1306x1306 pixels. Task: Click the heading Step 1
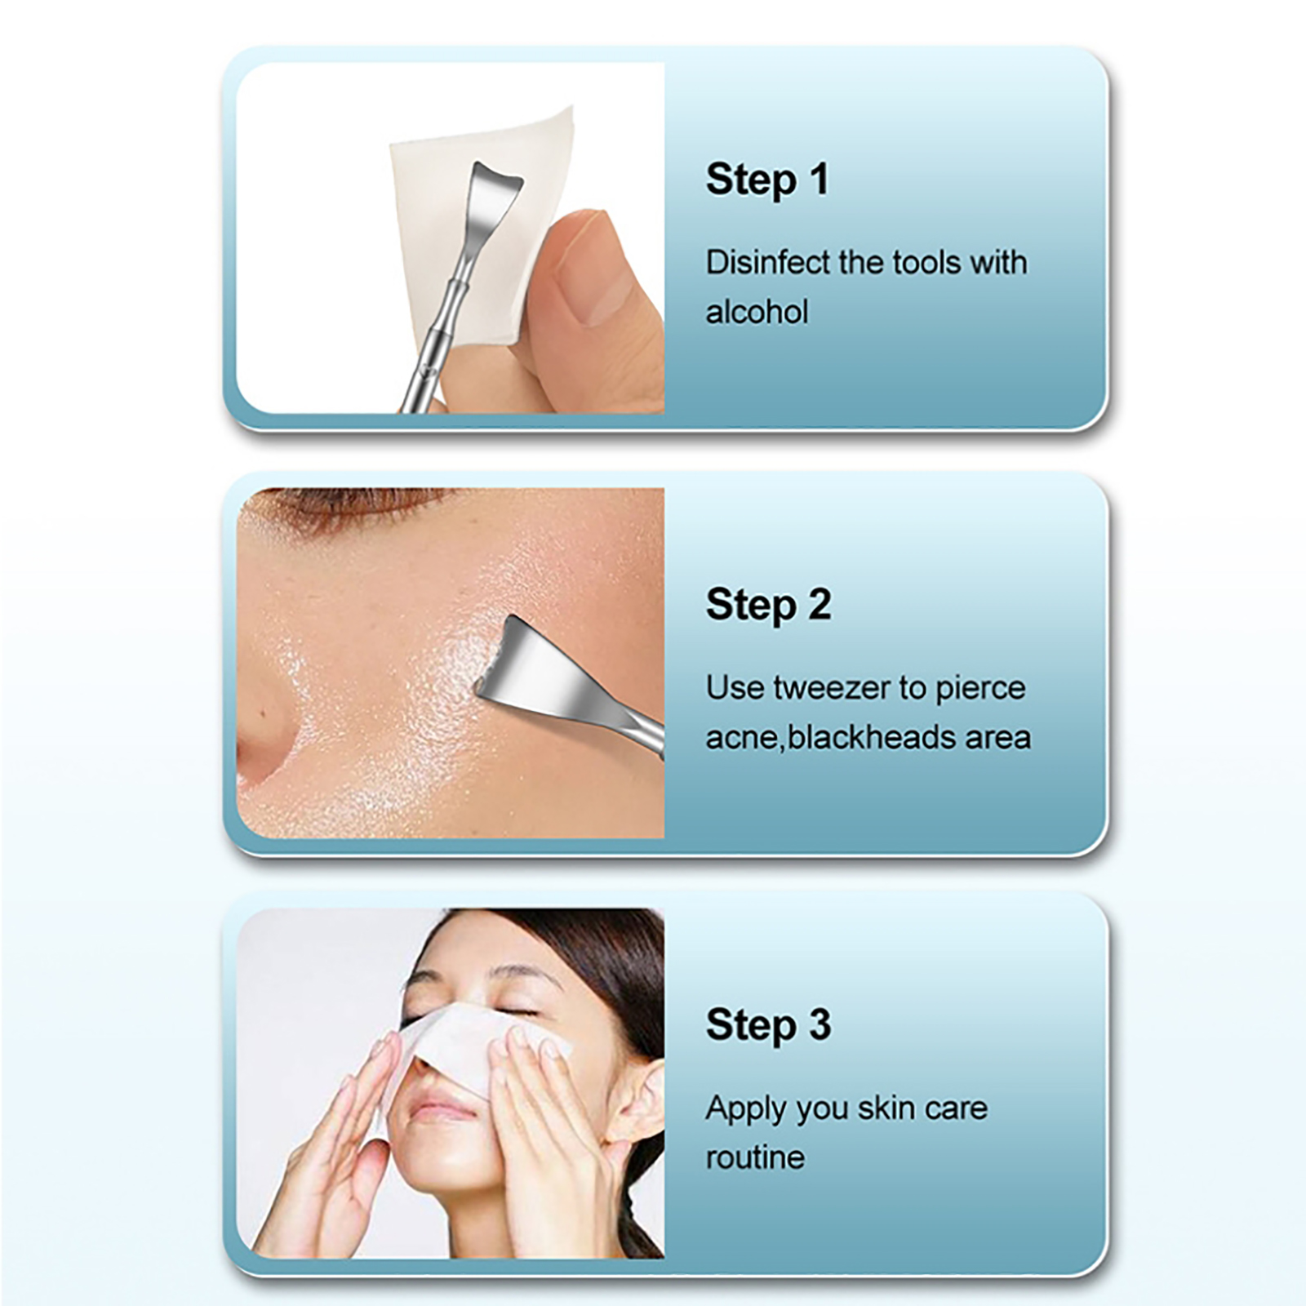767,180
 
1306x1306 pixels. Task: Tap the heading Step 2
768,605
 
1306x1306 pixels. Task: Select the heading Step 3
768,1025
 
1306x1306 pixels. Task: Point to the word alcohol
757,312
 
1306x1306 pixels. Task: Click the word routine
755,1157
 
